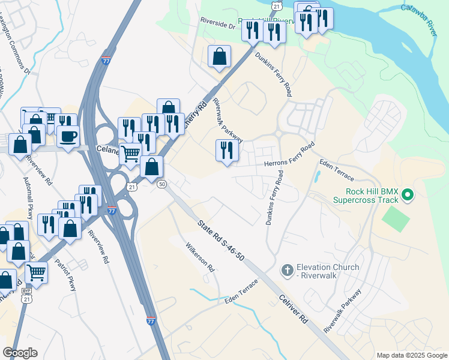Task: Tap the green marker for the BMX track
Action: click(x=408, y=194)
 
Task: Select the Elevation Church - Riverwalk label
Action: click(x=328, y=271)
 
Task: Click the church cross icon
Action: click(x=287, y=271)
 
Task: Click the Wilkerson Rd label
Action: click(x=200, y=257)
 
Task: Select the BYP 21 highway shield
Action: click(x=26, y=294)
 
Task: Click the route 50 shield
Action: click(x=161, y=184)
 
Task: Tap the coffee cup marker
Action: click(x=68, y=136)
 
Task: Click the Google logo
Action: click(x=20, y=353)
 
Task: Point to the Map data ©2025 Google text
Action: click(x=411, y=355)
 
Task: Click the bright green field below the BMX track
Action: click(x=396, y=218)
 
